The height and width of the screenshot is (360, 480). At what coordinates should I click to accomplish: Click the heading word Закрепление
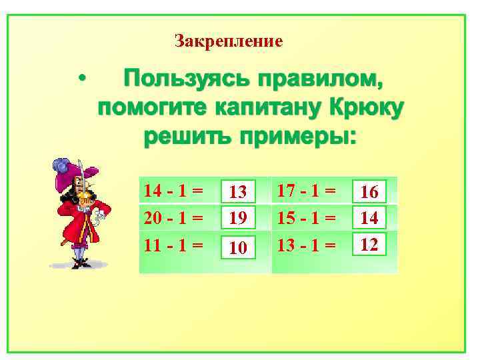pyautogui.click(x=229, y=41)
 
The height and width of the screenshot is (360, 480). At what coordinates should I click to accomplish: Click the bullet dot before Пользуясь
pyautogui.click(x=81, y=79)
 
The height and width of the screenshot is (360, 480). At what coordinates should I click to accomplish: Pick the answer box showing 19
pyautogui.click(x=239, y=217)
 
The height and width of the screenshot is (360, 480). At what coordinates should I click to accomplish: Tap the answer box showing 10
pyautogui.click(x=239, y=248)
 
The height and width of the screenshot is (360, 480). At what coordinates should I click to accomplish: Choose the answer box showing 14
pyautogui.click(x=369, y=217)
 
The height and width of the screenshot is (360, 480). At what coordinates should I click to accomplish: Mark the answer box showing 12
pyautogui.click(x=369, y=245)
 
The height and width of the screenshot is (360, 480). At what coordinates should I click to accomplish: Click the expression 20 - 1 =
pyautogui.click(x=173, y=217)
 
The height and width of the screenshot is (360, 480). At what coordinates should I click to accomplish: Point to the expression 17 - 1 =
pyautogui.click(x=307, y=191)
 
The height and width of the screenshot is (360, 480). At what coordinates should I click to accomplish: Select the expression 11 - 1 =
pyautogui.click(x=173, y=244)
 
